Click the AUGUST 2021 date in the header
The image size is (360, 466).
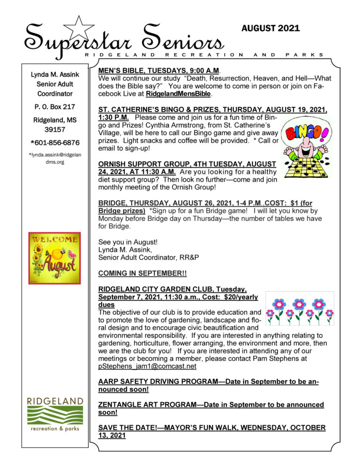(x=270, y=29)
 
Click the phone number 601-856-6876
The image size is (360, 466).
(x=55, y=143)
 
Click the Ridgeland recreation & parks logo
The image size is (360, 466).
(x=55, y=414)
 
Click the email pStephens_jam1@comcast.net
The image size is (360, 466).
(x=147, y=366)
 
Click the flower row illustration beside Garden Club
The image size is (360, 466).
(x=299, y=308)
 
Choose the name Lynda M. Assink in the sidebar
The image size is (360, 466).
(x=55, y=75)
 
